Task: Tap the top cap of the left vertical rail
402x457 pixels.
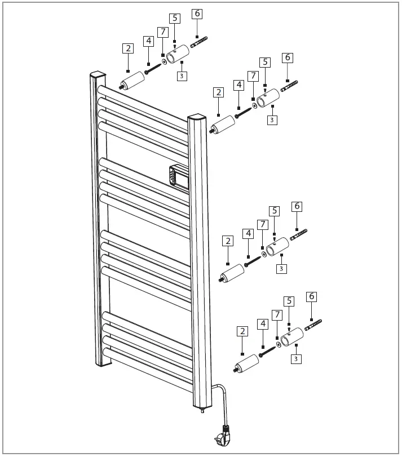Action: click(x=98, y=74)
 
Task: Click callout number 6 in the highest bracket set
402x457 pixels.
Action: click(x=196, y=14)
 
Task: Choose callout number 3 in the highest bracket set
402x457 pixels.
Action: click(x=182, y=76)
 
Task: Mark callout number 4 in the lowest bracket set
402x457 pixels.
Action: click(x=262, y=323)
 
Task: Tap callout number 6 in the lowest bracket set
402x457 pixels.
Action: click(x=311, y=296)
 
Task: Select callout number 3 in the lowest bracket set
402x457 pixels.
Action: click(x=295, y=358)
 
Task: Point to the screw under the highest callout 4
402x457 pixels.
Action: click(x=153, y=69)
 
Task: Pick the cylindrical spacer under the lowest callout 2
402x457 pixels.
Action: click(x=247, y=363)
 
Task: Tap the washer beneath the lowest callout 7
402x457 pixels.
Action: click(x=279, y=344)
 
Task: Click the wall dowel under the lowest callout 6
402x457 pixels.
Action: click(x=313, y=325)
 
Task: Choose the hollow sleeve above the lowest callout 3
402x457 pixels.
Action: click(x=293, y=336)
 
